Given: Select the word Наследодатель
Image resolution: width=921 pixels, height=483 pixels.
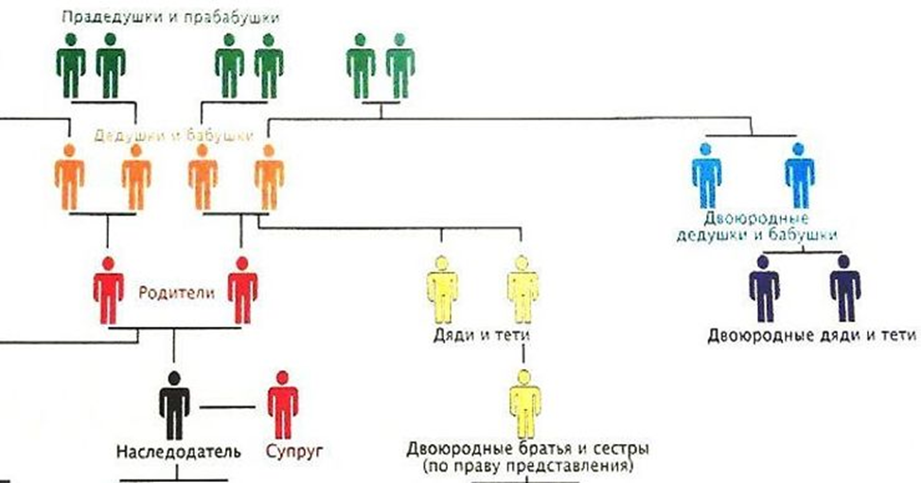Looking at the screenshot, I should point(171,452).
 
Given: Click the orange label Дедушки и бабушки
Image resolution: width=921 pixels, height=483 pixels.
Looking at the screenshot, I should point(173,136).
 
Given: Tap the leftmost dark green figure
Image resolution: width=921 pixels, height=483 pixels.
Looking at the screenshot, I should point(71,65).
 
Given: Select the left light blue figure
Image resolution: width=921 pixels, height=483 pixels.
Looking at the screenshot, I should point(706,174).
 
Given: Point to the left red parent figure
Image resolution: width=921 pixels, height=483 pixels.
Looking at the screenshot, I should point(109,290).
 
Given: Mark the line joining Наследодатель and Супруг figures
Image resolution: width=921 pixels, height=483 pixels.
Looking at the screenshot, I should point(228,408).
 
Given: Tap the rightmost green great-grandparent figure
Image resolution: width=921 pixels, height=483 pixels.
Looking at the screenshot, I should point(399,65).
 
